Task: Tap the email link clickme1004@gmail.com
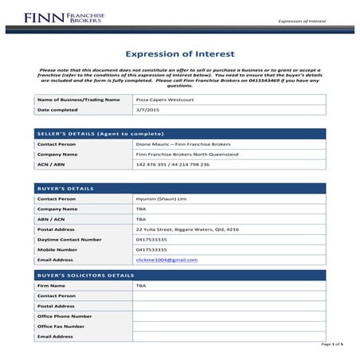pyautogui.click(x=167, y=260)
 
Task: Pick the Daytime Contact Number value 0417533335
pyautogui.click(x=152, y=239)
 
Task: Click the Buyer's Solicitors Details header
pyautogui.click(x=86, y=275)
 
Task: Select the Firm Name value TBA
pyautogui.click(x=142, y=285)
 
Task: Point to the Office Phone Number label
pyautogui.click(x=65, y=316)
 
